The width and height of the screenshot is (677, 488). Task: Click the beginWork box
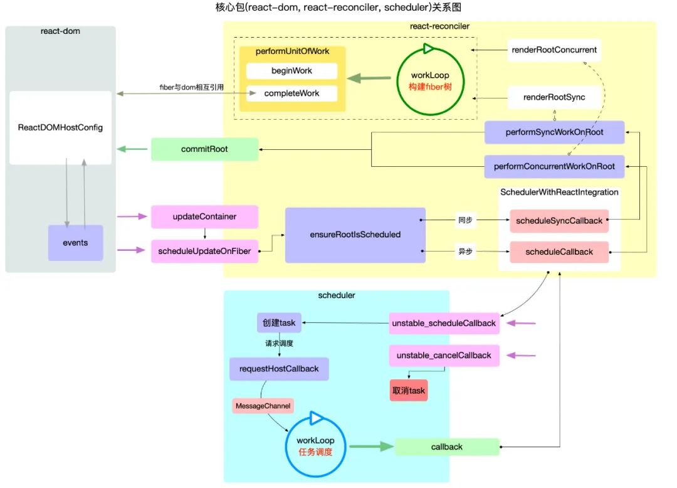click(291, 71)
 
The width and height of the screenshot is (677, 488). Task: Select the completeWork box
click(291, 93)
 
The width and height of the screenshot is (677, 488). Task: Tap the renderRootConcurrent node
click(554, 50)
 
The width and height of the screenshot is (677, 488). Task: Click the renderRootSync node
click(554, 97)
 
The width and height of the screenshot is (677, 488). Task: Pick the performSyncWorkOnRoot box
click(554, 133)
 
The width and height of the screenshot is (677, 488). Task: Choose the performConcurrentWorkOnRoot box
click(554, 167)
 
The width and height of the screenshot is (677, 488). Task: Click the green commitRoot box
click(204, 149)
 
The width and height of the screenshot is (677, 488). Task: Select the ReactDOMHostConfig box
click(60, 127)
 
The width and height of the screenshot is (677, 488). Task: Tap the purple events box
click(76, 243)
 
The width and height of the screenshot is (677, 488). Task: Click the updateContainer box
click(204, 216)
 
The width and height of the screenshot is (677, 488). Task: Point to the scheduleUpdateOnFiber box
click(204, 252)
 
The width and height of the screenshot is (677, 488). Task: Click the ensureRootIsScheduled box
click(355, 235)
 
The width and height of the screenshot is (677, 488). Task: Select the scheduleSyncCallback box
click(559, 221)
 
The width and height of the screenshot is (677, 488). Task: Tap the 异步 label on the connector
click(464, 252)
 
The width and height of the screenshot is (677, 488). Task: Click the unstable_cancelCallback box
click(444, 355)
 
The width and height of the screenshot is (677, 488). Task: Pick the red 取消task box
click(409, 390)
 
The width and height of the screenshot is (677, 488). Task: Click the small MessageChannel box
click(263, 406)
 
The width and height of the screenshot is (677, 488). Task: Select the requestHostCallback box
click(270, 369)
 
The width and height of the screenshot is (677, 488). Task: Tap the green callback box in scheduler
click(447, 447)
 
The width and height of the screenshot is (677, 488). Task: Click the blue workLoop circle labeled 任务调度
click(315, 445)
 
